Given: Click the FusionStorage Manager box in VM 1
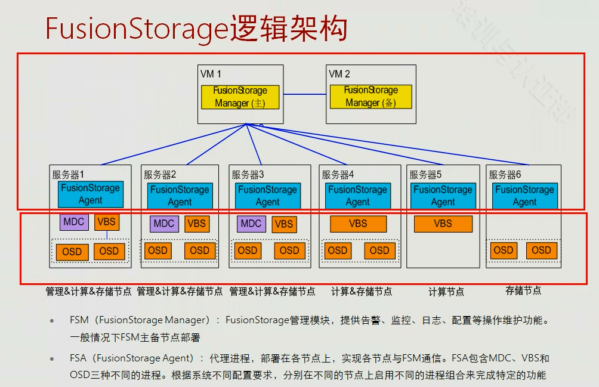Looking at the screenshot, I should click(x=240, y=97).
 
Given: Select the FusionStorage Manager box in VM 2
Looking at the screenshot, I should click(x=370, y=97).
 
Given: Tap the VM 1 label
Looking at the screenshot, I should click(x=211, y=75).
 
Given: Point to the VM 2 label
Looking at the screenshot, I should click(x=339, y=74).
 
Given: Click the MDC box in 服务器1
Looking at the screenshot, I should click(x=75, y=222).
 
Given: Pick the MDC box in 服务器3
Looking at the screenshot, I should click(x=251, y=224).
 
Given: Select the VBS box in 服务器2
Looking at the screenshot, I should click(x=197, y=224).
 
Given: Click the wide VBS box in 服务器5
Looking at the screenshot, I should click(x=443, y=224).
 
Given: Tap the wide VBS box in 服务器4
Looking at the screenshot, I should click(x=358, y=224).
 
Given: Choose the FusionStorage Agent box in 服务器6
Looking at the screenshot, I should click(x=524, y=196).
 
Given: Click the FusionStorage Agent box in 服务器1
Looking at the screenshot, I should click(x=90, y=194).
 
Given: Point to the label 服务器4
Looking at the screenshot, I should click(x=338, y=175).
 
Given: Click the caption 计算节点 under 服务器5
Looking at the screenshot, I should click(x=446, y=292).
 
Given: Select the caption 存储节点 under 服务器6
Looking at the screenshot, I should click(x=523, y=290).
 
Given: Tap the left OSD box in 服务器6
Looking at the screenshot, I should click(x=503, y=250).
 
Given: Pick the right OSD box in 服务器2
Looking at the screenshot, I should click(x=199, y=250).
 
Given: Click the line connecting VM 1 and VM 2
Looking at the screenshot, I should click(x=304, y=94).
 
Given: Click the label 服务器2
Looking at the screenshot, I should click(x=159, y=175).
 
